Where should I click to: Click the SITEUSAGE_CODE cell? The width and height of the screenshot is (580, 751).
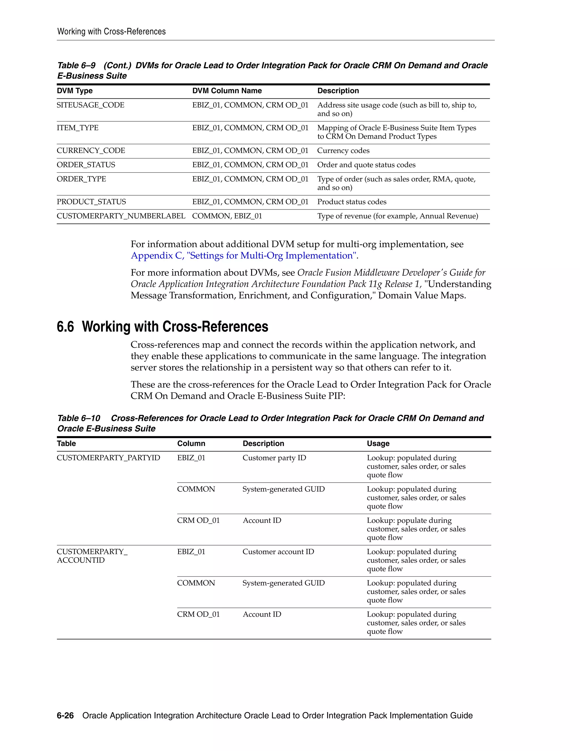pyautogui.click(x=90, y=105)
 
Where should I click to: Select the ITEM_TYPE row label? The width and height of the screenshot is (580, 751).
pyautogui.click(x=78, y=128)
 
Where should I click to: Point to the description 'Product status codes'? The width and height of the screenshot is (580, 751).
pyautogui.click(x=351, y=202)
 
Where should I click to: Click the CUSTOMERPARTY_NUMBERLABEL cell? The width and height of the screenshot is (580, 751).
pyautogui.click(x=121, y=216)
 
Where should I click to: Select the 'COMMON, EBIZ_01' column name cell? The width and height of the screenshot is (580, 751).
pyautogui.click(x=227, y=216)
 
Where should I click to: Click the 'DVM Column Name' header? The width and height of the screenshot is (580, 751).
pyautogui.click(x=227, y=91)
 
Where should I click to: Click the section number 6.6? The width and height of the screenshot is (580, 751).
pyautogui.click(x=65, y=327)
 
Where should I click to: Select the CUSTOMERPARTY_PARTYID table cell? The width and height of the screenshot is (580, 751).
pyautogui.click(x=108, y=458)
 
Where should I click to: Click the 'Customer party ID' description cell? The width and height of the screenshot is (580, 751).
pyautogui.click(x=274, y=458)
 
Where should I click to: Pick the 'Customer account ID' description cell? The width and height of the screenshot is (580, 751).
pyautogui.click(x=278, y=552)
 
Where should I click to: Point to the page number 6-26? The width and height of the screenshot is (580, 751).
pyautogui.click(x=65, y=716)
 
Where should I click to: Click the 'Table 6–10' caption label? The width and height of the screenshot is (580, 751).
pyautogui.click(x=79, y=418)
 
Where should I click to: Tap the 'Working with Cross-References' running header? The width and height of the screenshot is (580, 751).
pyautogui.click(x=111, y=32)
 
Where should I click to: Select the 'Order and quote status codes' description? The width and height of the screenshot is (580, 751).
pyautogui.click(x=366, y=165)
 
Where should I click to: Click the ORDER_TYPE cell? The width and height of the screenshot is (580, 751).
pyautogui.click(x=82, y=179)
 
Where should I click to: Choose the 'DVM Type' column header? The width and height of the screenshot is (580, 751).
pyautogui.click(x=74, y=91)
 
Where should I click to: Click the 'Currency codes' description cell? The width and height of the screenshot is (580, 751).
pyautogui.click(x=343, y=150)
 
